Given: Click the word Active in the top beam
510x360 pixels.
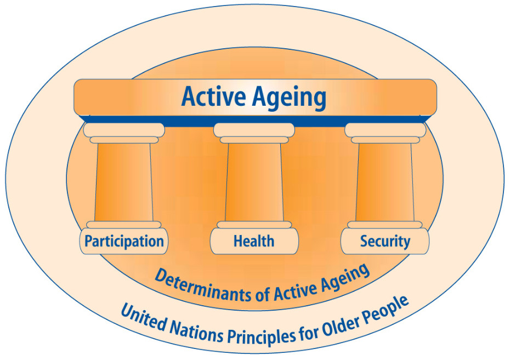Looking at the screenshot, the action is [213, 96].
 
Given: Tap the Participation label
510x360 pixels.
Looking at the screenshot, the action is [124, 242].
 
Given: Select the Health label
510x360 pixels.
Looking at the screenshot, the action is [254, 241].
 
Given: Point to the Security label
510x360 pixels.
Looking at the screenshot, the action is [385, 242].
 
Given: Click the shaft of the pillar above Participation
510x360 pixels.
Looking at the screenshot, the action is [123, 182].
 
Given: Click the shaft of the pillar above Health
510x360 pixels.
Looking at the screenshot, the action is [254, 182].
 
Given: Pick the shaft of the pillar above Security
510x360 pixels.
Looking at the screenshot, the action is [385, 182].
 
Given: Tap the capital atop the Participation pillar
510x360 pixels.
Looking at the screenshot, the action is [124, 133].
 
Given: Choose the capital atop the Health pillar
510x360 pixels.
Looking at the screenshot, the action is [254, 133].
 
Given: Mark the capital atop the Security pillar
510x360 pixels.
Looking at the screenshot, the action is [385, 133].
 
